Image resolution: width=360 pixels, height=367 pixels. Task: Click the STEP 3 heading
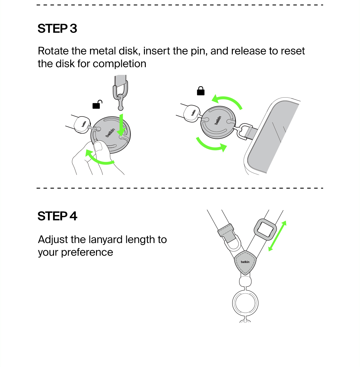click(57, 29)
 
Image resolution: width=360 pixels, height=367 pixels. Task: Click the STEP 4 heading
click(57, 216)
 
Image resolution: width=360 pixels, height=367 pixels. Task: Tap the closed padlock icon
click(200, 91)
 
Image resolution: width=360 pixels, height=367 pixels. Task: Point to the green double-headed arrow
click(277, 236)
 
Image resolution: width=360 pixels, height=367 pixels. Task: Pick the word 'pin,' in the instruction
click(199, 51)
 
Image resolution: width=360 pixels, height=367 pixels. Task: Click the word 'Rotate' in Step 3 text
click(53, 51)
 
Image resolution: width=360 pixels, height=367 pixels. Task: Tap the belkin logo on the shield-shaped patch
click(245, 262)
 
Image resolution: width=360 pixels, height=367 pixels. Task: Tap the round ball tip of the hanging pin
click(121, 108)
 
